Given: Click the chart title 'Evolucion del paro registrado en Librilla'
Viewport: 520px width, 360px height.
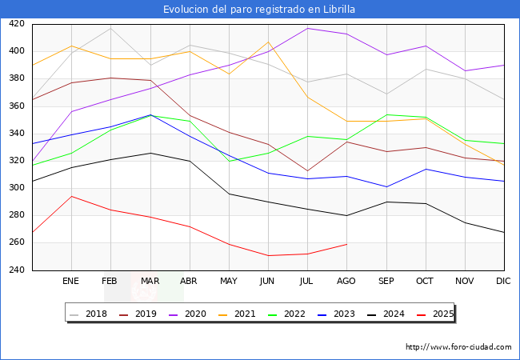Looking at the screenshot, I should tap(259, 10).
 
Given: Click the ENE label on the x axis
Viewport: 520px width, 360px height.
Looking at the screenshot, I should tap(71, 282).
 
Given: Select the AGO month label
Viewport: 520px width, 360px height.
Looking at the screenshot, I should tap(346, 282).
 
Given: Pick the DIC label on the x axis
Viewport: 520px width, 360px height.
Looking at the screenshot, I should tap(503, 282).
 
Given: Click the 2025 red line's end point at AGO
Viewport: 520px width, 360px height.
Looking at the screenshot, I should tap(346, 244).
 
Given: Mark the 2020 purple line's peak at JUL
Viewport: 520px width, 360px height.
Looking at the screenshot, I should tap(307, 28).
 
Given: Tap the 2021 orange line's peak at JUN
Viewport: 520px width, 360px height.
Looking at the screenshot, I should tap(268, 42).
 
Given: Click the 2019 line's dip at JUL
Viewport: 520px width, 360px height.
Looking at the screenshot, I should tap(307, 171).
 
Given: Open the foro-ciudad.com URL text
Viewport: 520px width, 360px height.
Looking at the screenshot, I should tap(458, 347).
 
